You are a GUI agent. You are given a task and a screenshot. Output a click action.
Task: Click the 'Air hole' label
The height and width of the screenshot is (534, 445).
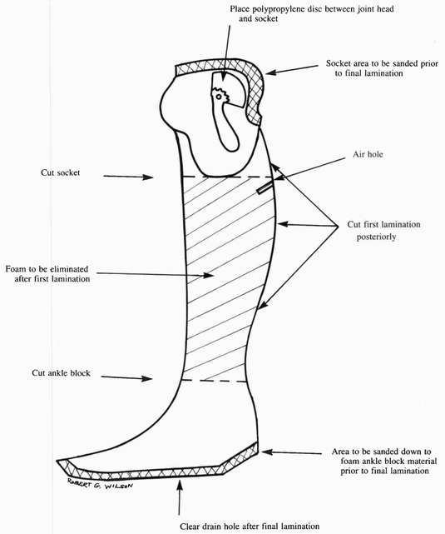[x=368, y=154]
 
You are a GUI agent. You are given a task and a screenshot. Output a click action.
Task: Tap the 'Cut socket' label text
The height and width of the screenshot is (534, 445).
[x=61, y=172]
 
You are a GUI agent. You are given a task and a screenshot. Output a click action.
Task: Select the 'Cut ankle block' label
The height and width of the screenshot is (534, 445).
[x=62, y=373]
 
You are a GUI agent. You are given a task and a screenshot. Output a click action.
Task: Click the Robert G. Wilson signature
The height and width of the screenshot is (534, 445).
[x=100, y=483]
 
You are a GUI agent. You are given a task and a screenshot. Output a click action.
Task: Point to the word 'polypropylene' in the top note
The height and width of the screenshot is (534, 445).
[x=279, y=9]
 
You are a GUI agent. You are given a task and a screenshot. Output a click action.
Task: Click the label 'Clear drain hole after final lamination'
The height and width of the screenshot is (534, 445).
[x=250, y=527]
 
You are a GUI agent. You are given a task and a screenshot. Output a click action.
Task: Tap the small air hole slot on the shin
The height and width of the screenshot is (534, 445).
[x=265, y=188]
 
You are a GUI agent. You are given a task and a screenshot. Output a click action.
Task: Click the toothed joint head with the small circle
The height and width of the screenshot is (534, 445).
[x=220, y=96]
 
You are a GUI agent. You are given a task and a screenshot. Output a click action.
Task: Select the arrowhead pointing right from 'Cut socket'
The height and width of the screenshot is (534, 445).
[x=148, y=177]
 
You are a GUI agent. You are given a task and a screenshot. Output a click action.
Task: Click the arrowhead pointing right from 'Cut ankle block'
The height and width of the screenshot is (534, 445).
[x=147, y=378]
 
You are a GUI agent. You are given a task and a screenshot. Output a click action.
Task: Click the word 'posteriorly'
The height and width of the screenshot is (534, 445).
[x=376, y=237]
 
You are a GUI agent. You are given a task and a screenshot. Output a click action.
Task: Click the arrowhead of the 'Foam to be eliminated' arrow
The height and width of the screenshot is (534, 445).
[x=208, y=275]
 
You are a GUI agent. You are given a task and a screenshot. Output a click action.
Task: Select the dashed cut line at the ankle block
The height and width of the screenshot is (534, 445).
[x=214, y=381]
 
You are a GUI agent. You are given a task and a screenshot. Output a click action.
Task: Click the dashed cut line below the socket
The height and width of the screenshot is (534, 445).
[x=229, y=177]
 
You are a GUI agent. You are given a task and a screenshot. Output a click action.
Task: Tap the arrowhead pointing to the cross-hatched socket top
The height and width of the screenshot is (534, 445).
[x=271, y=72]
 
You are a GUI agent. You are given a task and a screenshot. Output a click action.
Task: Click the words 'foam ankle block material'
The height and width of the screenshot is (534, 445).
[x=388, y=462]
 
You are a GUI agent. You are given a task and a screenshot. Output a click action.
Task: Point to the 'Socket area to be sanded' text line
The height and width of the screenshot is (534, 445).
[x=382, y=63]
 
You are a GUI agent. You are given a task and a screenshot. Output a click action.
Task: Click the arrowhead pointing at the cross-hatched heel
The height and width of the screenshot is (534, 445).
[x=267, y=452]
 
